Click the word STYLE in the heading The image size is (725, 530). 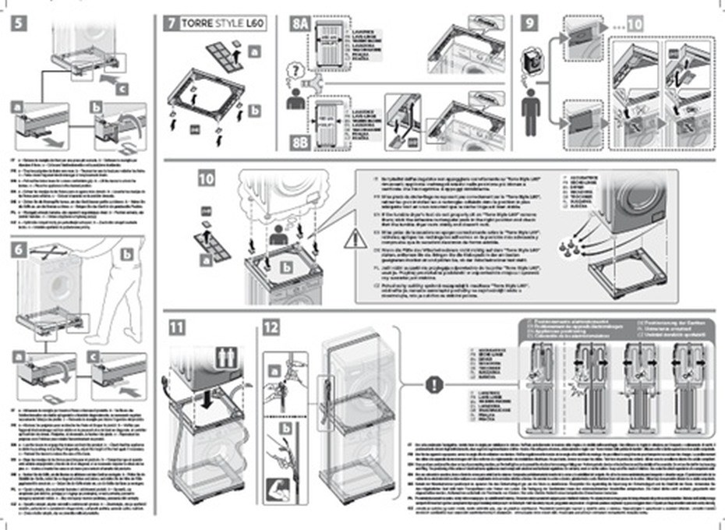click(228, 24)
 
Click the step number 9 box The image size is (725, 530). click(529, 24)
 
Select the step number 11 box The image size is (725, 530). click(178, 327)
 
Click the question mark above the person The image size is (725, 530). click(291, 72)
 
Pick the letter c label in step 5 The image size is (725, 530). click(121, 89)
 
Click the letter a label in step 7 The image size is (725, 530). click(255, 51)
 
